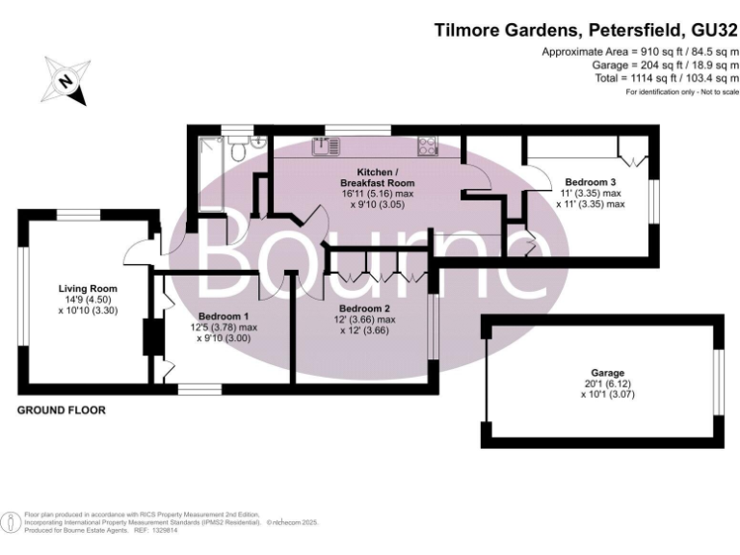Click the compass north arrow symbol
tap(66, 81)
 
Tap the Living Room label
tap(88, 288)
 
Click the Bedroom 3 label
tap(590, 182)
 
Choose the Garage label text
tap(608, 373)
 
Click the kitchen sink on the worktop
tap(325, 146)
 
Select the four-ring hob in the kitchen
tap(427, 146)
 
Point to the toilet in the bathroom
tap(256, 143)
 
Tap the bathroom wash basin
tap(236, 143)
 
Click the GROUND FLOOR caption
tap(62, 410)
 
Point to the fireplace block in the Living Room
tap(149, 337)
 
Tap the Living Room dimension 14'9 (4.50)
tap(88, 300)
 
